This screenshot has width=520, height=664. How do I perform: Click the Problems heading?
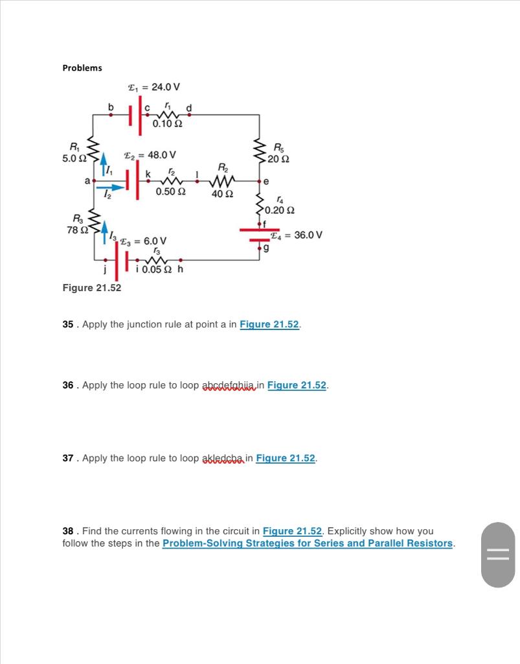(82, 68)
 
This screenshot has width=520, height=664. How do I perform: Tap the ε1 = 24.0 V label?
(153, 87)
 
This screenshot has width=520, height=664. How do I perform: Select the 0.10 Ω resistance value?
(167, 124)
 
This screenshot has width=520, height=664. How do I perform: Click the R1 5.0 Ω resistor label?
(74, 152)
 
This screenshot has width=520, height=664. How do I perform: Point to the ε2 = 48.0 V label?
(150, 155)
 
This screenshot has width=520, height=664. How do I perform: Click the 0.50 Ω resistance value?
(171, 192)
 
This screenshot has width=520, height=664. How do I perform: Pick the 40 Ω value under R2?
(223, 193)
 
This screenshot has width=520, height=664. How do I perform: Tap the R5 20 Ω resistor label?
(282, 153)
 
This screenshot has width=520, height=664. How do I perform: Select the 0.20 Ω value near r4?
(281, 210)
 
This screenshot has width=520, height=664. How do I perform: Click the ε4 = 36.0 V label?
(299, 235)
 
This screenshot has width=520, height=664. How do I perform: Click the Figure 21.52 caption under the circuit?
(91, 287)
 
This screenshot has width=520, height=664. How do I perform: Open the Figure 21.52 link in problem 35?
(269, 324)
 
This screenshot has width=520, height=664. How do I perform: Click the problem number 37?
(68, 458)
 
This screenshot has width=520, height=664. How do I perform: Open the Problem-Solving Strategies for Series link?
(307, 543)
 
